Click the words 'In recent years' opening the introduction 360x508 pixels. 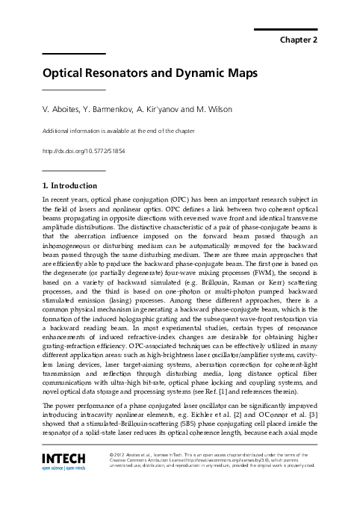[x=63, y=199]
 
